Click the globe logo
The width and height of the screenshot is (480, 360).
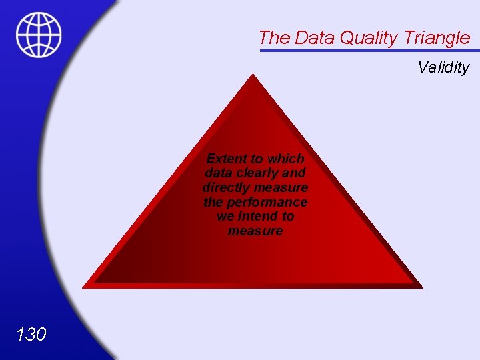point(39,35)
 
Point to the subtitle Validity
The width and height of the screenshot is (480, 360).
point(443,67)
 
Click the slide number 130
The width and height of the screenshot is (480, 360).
point(31,334)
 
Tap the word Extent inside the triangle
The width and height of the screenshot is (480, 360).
point(226,159)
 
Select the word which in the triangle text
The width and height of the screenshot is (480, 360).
point(285,159)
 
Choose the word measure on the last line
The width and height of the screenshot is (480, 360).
point(255,231)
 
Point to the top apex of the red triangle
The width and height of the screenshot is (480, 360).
point(251,75)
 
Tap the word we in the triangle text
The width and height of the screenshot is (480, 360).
point(225,217)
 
